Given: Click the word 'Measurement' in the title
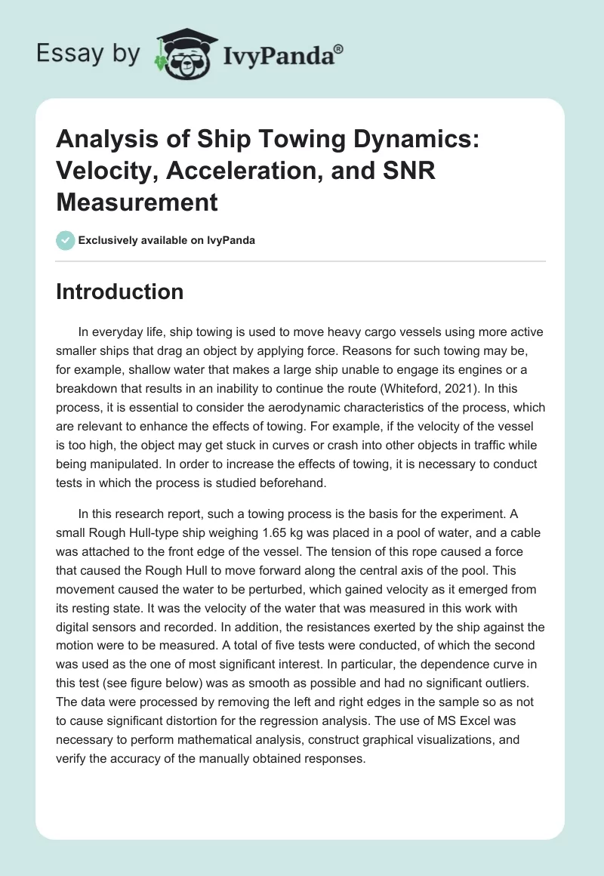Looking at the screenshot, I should pos(137,202).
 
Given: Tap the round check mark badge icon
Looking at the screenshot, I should pos(65,240).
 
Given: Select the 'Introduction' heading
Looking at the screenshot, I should pos(119,291).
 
